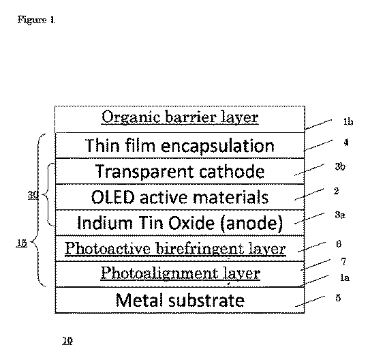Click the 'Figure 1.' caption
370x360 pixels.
[x=36, y=20]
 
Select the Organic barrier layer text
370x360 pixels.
[x=180, y=117]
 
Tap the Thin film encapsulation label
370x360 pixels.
[x=180, y=145]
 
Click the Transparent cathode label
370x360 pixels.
[x=180, y=171]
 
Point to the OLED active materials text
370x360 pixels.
[x=180, y=197]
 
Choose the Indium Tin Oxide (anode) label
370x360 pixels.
[x=180, y=222]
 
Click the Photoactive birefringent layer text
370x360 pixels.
[x=175, y=249]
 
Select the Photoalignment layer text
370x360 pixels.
[x=181, y=273]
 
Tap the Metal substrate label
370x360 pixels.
[x=180, y=300]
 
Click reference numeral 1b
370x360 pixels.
[x=348, y=121]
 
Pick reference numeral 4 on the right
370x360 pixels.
[x=346, y=142]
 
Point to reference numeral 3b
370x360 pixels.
[x=340, y=166]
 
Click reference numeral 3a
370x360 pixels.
[x=340, y=215]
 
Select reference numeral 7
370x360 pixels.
[x=343, y=261]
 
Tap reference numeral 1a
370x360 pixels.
[x=345, y=277]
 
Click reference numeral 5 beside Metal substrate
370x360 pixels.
[x=338, y=298]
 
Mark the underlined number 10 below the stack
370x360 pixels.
[x=67, y=341]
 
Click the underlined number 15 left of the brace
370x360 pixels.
[x=22, y=243]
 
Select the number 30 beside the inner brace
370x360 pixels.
[x=33, y=195]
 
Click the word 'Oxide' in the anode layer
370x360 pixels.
[x=191, y=222]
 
